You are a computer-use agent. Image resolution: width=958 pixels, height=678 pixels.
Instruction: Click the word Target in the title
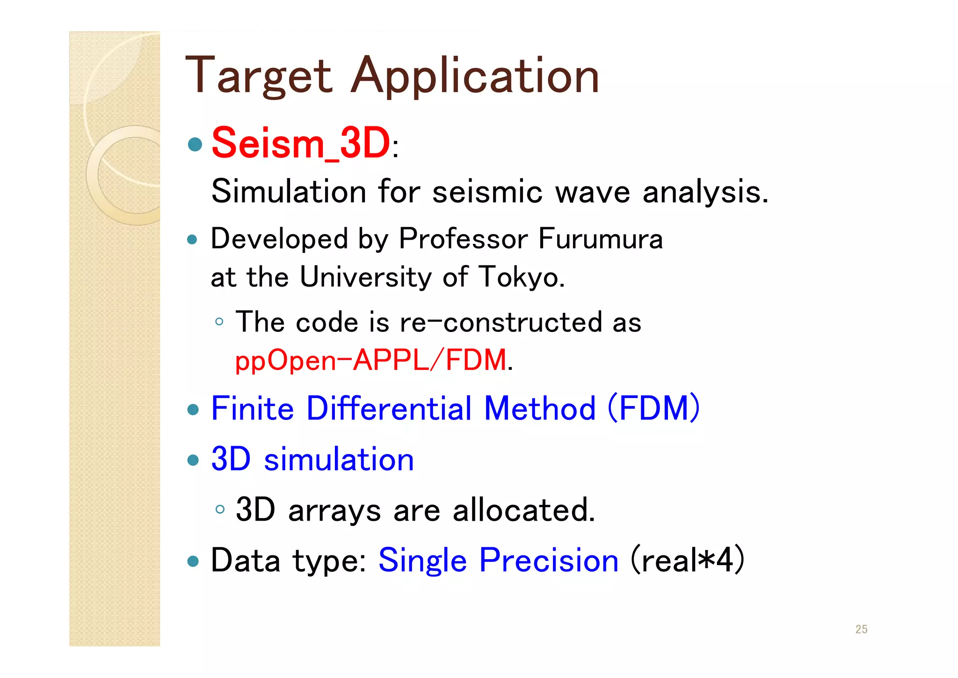click(x=259, y=76)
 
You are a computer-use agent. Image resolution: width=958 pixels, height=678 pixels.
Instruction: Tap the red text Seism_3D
click(x=300, y=143)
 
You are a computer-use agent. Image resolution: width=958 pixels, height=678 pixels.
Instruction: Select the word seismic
click(x=487, y=192)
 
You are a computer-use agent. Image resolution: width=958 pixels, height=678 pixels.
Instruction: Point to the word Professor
click(x=463, y=239)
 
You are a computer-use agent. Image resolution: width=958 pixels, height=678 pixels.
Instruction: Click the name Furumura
click(x=601, y=239)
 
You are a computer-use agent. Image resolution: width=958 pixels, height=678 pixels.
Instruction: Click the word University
click(x=365, y=277)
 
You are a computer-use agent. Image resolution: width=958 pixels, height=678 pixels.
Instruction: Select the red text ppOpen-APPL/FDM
click(x=370, y=361)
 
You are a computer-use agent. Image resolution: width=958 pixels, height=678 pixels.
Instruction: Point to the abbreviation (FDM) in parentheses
click(x=653, y=408)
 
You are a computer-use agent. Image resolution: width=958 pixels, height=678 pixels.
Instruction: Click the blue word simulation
click(x=339, y=459)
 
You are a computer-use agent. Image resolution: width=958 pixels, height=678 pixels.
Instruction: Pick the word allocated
click(x=523, y=510)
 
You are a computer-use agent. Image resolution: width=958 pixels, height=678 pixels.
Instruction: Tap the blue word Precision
click(x=549, y=560)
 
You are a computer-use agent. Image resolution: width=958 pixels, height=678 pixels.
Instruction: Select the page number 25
click(x=861, y=629)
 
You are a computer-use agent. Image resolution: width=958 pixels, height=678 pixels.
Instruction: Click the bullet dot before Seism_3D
click(x=195, y=144)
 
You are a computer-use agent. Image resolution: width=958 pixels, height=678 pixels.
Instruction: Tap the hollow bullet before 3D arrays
click(x=220, y=509)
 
